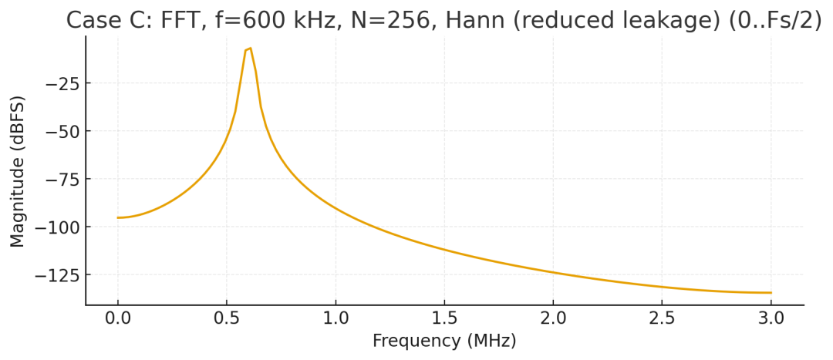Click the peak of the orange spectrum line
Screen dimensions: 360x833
pyautogui.click(x=250, y=48)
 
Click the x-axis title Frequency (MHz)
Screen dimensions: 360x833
pyautogui.click(x=444, y=341)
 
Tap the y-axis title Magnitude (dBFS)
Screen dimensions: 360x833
pyautogui.click(x=18, y=171)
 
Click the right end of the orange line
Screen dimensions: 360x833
pyautogui.click(x=771, y=293)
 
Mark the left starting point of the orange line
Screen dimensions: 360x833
pyautogui.click(x=118, y=217)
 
